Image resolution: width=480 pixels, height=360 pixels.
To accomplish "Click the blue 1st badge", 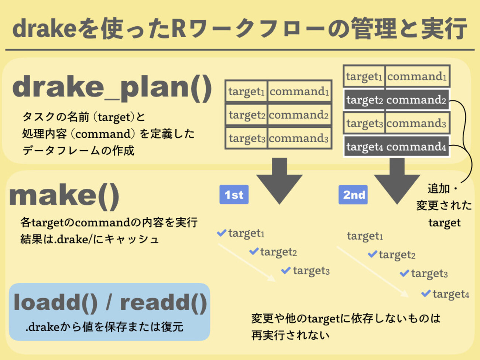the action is (234, 195).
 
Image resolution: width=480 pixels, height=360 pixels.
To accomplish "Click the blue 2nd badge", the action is (353, 195).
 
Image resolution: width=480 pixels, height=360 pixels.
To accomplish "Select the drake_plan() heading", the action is (112, 88).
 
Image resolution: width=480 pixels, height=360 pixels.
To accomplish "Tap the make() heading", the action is (64, 196).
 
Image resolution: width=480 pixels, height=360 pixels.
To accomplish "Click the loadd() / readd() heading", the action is (110, 302).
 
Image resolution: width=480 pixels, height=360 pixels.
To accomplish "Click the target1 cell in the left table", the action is (246, 91).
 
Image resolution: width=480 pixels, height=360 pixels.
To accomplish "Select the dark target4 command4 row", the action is (396, 147).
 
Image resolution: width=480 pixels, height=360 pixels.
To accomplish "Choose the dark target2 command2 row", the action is (396, 100).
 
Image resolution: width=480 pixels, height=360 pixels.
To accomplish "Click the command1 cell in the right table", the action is (417, 76).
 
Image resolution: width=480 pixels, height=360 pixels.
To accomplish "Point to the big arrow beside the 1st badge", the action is (280, 181).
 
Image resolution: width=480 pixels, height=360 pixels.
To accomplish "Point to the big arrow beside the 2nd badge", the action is (397, 181).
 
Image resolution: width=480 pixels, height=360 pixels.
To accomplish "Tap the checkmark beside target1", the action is (222, 233).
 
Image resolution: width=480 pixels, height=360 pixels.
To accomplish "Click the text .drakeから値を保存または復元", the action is (104, 327).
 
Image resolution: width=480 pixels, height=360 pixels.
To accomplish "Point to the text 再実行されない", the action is (291, 335).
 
